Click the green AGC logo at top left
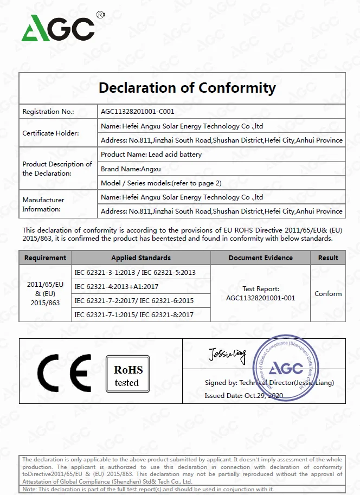58,28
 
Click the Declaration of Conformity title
187,88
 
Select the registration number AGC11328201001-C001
138,112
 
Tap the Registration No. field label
48,112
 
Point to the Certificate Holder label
50,133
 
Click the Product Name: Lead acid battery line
151,155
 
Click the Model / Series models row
161,183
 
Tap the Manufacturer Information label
43,204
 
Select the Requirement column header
46,258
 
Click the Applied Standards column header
141,258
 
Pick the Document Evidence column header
260,258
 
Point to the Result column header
328,258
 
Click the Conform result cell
328,294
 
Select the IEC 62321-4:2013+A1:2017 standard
117,286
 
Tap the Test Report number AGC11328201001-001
260,298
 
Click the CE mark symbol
64,373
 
